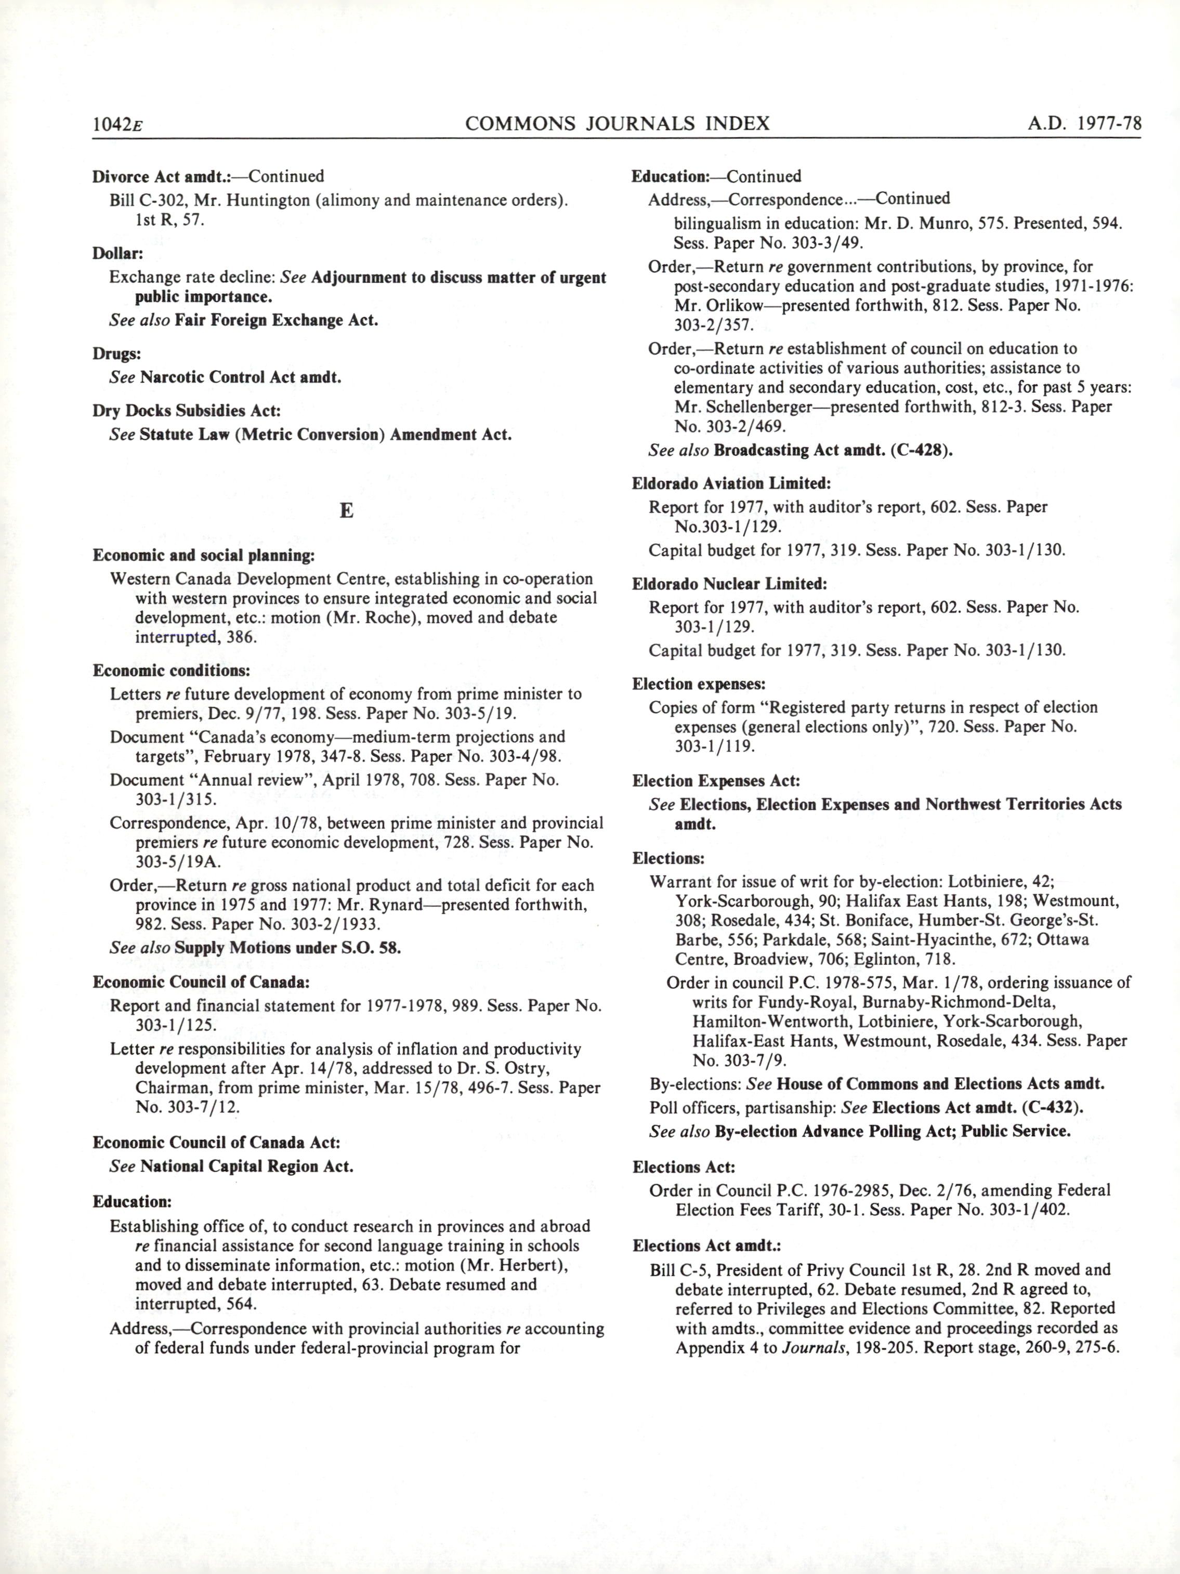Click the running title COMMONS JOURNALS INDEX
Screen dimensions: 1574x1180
click(x=617, y=124)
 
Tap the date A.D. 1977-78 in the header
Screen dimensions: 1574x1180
click(x=1084, y=124)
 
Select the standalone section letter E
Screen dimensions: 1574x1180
click(x=347, y=511)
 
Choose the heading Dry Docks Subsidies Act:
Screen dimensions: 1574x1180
click(x=187, y=411)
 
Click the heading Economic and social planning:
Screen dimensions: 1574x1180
click(x=204, y=555)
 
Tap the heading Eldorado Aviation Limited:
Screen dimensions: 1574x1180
click(x=731, y=484)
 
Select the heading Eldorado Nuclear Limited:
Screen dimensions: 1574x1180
click(x=729, y=584)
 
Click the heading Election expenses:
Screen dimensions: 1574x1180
click(x=698, y=685)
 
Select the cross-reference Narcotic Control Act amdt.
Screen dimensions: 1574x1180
click(x=241, y=377)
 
